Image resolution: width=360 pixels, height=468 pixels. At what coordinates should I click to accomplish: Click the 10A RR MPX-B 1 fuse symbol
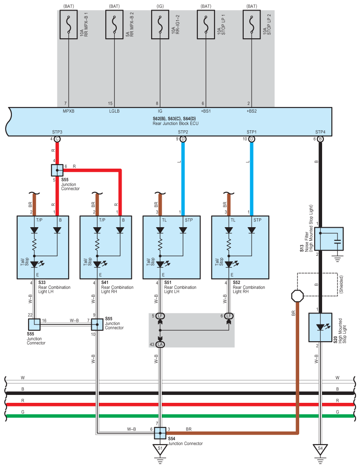pyautogui.click(x=68, y=25)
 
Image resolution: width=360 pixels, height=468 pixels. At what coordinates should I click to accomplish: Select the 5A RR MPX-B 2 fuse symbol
pyautogui.click(x=115, y=25)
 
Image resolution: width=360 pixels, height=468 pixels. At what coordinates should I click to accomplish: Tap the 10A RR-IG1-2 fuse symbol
pyautogui.click(x=160, y=25)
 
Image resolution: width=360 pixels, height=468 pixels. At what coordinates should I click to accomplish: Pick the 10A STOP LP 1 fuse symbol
pyautogui.click(x=206, y=25)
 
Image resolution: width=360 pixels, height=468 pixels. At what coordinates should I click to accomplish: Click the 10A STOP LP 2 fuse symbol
pyautogui.click(x=252, y=25)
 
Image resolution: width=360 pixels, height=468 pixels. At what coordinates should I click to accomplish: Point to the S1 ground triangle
pyautogui.click(x=160, y=449)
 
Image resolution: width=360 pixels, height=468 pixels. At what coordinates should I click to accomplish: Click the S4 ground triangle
pyautogui.click(x=320, y=449)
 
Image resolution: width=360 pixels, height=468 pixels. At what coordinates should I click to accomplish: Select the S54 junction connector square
pyautogui.click(x=160, y=433)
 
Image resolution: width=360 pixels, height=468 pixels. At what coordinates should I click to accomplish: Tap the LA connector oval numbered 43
pyautogui.click(x=160, y=344)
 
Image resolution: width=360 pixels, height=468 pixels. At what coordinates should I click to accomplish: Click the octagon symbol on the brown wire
pyautogui.click(x=297, y=296)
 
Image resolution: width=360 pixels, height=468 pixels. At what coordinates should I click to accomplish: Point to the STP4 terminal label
pyautogui.click(x=320, y=132)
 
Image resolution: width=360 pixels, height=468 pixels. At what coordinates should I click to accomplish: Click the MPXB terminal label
pyautogui.click(x=68, y=111)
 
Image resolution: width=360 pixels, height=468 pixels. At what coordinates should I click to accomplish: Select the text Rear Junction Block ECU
pyautogui.click(x=175, y=123)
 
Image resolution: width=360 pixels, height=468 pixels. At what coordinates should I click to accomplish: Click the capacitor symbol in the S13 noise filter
pyautogui.click(x=338, y=241)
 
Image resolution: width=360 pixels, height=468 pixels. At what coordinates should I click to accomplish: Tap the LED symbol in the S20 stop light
pyautogui.click(x=321, y=327)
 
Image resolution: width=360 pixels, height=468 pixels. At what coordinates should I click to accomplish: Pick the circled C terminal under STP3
pyautogui.click(x=57, y=139)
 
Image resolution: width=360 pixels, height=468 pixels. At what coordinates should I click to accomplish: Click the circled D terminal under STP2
pyautogui.click(x=183, y=139)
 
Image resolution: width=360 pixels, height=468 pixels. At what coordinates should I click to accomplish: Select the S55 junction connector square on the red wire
pyautogui.click(x=57, y=170)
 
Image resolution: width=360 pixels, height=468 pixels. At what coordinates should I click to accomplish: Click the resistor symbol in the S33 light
pyautogui.click(x=34, y=245)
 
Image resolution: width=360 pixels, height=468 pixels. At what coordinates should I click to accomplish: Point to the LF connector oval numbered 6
pyautogui.click(x=229, y=316)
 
